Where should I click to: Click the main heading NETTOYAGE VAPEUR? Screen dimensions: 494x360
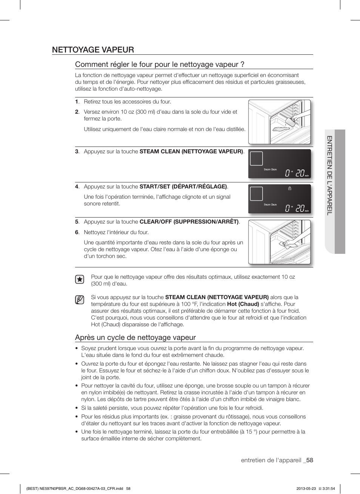[x=93, y=50]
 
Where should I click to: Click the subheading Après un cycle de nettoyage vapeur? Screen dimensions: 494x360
[x=135, y=337]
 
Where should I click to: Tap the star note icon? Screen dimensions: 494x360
[x=79, y=279]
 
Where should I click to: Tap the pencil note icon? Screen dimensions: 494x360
[x=79, y=300]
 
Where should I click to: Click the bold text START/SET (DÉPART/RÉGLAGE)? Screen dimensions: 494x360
[x=183, y=187]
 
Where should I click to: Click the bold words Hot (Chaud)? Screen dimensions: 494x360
[x=243, y=304]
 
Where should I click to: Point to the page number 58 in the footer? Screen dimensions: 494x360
[x=310, y=460]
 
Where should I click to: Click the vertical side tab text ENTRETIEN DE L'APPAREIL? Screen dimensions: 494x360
[x=329, y=175]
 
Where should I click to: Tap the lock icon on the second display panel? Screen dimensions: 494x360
[x=289, y=188]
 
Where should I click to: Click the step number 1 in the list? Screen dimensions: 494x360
[x=77, y=102]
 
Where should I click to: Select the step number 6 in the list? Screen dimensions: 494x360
[x=77, y=232]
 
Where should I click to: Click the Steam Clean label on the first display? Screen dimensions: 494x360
[x=270, y=170]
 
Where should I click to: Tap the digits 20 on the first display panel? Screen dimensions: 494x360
[x=300, y=173]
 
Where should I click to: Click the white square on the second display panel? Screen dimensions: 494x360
[x=256, y=194]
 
